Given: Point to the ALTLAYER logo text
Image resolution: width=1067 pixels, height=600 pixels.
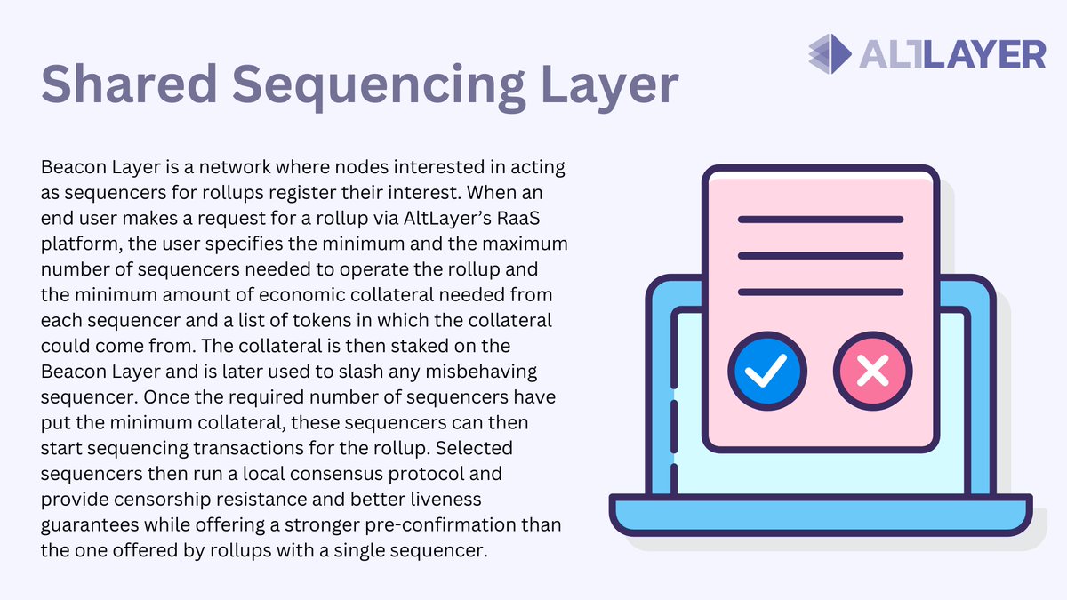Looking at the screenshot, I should (952, 53).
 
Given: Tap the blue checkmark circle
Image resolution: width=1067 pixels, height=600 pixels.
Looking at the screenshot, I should (766, 371).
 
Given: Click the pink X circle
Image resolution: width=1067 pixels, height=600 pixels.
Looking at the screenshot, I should (873, 371).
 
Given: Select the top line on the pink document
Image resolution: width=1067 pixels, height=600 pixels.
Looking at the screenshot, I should (821, 220).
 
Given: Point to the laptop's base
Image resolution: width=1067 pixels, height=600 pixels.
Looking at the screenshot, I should (821, 516).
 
